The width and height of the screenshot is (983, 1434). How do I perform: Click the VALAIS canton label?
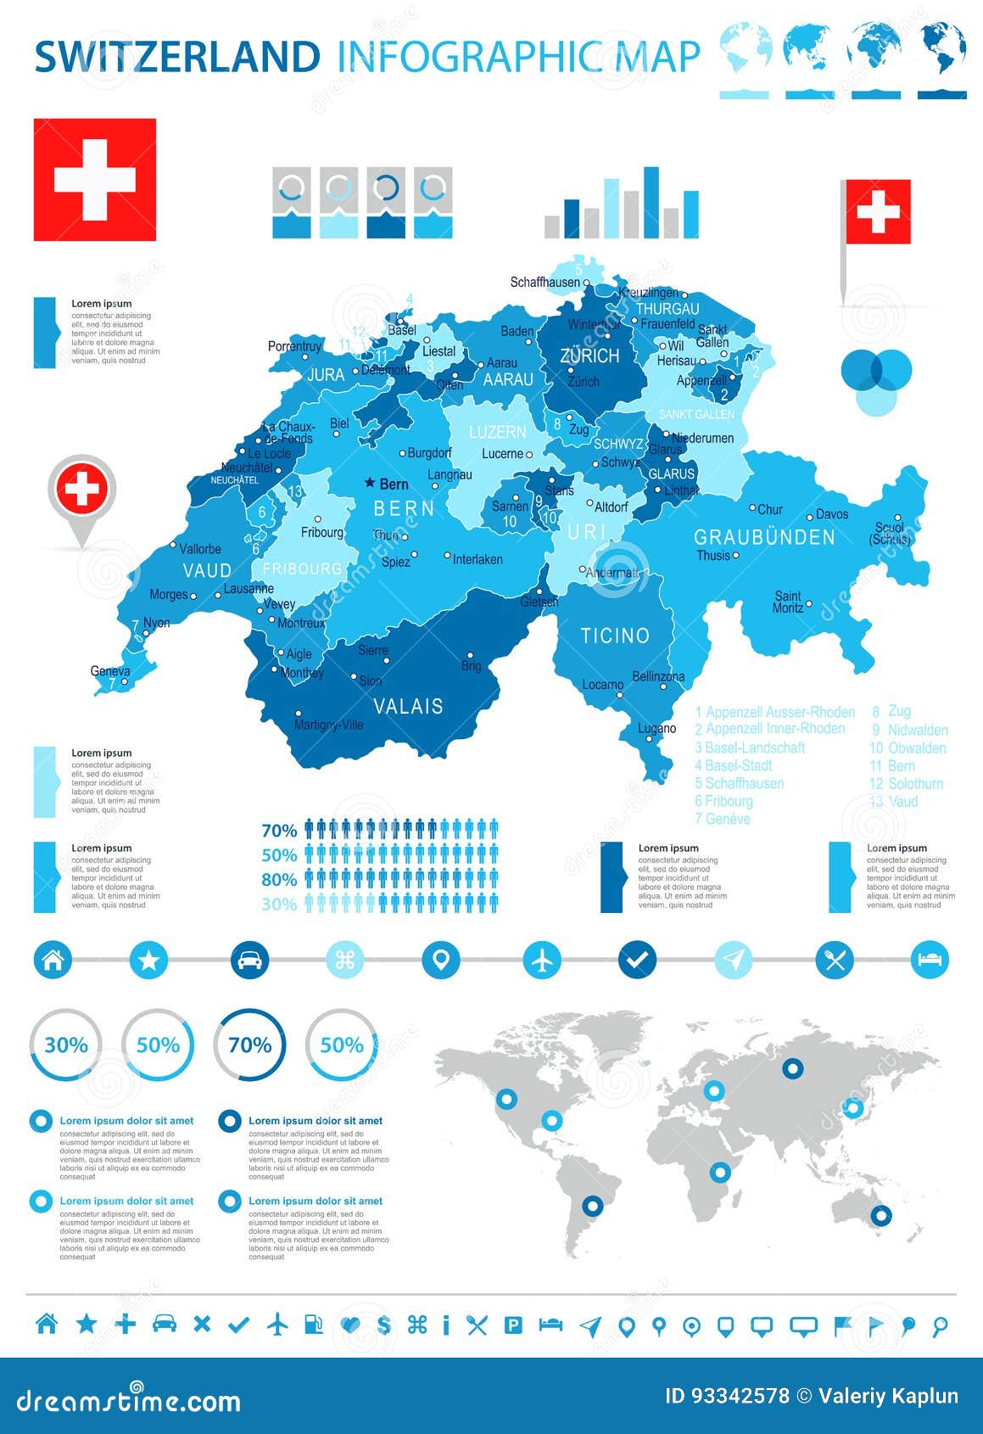point(409,706)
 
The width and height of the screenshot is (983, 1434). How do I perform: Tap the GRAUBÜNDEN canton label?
point(764,537)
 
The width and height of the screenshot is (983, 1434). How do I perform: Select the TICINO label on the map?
point(615,636)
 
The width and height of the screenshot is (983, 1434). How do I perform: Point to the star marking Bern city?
point(370,483)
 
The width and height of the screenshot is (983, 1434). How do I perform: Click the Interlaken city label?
point(478,559)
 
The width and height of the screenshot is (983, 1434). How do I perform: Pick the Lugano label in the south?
point(657,728)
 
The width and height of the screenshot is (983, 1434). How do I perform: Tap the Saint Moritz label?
point(787,602)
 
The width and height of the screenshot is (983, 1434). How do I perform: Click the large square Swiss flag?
point(95,180)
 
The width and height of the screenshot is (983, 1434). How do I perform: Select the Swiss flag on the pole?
point(878,211)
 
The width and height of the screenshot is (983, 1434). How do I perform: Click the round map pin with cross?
point(81,490)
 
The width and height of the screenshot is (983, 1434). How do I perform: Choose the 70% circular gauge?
point(249,1045)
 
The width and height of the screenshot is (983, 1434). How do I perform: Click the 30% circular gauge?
point(66,1045)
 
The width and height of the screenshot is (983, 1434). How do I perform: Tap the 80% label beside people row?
point(279,879)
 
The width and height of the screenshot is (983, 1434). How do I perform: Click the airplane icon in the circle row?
point(542,961)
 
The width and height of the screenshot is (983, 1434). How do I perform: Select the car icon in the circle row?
point(249,961)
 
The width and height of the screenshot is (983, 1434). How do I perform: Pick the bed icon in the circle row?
point(929,961)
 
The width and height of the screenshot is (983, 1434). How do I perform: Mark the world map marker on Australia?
point(881,1215)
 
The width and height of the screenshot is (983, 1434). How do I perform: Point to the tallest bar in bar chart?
point(651,202)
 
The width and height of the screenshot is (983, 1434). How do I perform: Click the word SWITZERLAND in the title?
point(177,57)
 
